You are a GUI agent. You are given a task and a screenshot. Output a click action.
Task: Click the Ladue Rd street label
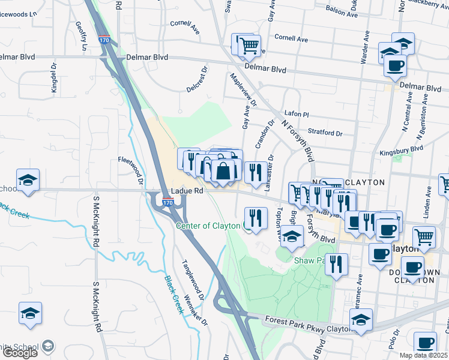pos(187,191)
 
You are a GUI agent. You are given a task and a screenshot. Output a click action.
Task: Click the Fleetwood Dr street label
pos(131,170)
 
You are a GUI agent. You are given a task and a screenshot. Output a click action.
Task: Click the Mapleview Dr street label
pos(243,90)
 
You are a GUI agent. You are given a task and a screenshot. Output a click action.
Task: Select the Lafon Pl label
pos(296,113)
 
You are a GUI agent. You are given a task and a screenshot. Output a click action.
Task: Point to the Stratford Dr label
pos(325,133)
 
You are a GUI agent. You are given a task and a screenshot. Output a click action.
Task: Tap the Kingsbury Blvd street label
pos(401,150)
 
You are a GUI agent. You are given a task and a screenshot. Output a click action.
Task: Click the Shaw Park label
pos(309,260)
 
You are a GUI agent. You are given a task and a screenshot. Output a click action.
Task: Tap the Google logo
pos(20,352)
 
